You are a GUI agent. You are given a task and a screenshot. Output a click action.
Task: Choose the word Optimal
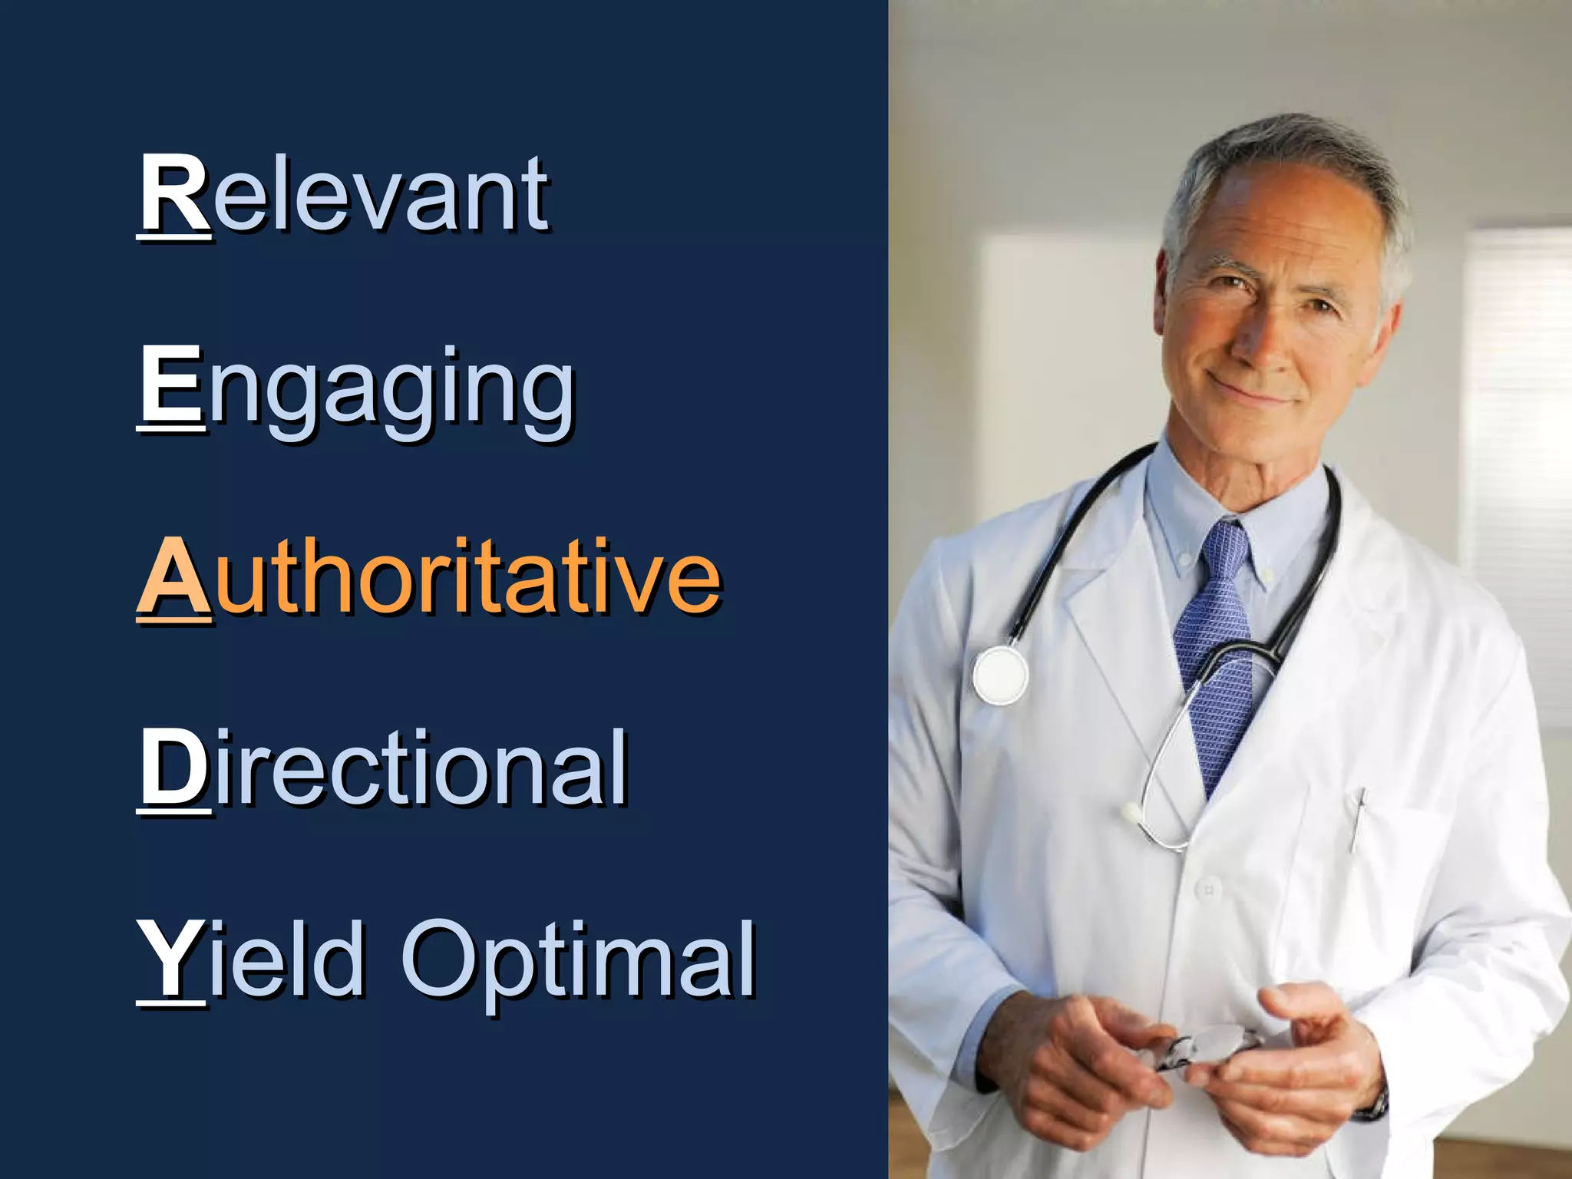(x=580, y=963)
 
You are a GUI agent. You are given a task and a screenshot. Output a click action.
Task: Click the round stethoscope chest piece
(x=1000, y=675)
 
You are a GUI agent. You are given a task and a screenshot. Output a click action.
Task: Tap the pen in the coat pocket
(x=1358, y=817)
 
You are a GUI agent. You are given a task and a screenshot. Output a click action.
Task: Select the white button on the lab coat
(x=1208, y=890)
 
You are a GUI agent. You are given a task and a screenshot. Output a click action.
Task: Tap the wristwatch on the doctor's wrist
(x=1377, y=1106)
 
